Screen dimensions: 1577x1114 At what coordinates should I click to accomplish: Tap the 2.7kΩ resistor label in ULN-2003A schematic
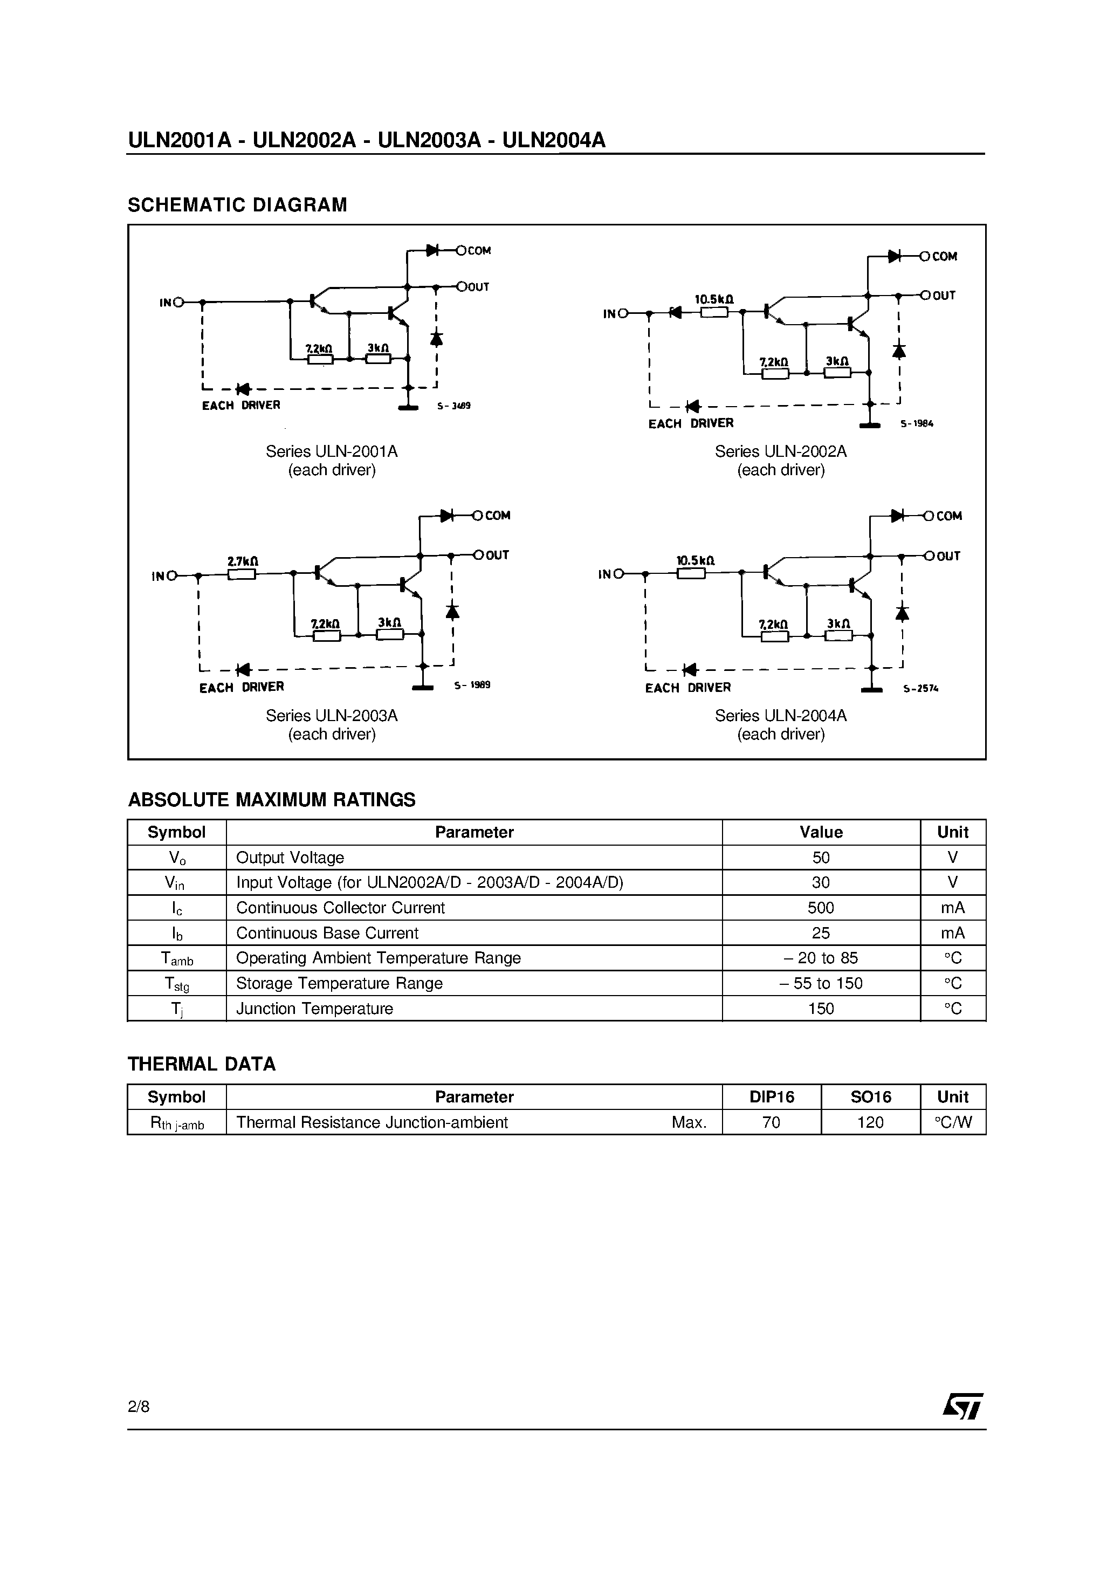point(243,561)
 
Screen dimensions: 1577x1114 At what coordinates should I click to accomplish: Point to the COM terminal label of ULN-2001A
point(479,251)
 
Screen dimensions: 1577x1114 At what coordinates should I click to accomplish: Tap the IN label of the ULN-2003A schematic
point(159,576)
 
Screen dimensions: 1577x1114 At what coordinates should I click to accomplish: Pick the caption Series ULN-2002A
point(780,451)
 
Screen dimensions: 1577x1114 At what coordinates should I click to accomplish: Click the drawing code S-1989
point(472,685)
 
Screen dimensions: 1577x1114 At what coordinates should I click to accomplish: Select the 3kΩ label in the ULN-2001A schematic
point(378,348)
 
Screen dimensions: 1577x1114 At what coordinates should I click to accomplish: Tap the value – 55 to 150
point(820,983)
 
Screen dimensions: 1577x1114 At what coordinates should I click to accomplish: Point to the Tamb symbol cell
point(176,959)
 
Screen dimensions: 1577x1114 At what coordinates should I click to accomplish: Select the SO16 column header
point(870,1097)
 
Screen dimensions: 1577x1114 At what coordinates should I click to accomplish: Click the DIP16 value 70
point(771,1122)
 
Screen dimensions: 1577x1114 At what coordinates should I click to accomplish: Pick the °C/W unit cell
point(953,1122)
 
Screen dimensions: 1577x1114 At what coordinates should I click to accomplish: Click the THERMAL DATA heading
point(201,1064)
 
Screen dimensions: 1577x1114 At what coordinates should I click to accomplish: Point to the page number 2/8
point(138,1406)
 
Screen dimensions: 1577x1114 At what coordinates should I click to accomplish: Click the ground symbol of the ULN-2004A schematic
point(871,690)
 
